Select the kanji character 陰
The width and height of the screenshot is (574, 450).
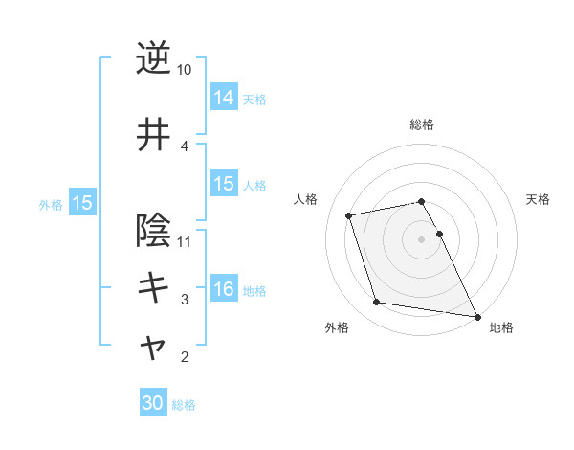click(153, 231)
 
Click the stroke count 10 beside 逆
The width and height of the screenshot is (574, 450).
click(185, 70)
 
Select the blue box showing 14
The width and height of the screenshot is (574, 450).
click(224, 98)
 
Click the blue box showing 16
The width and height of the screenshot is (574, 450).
click(224, 289)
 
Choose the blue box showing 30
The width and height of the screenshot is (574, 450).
click(153, 404)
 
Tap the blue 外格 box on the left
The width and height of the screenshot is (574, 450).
click(81, 203)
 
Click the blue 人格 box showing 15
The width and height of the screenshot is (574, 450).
click(224, 184)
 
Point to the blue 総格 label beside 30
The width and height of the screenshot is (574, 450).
click(184, 405)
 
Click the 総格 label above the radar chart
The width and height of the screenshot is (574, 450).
click(422, 124)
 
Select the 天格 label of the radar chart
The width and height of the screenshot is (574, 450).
click(538, 199)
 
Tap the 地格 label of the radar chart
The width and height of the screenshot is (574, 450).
click(501, 327)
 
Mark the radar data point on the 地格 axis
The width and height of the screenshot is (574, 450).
click(476, 315)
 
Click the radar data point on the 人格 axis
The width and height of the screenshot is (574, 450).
click(349, 214)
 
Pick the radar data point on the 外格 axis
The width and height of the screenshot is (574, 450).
click(377, 303)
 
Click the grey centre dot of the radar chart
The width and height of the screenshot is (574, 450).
click(422, 238)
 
